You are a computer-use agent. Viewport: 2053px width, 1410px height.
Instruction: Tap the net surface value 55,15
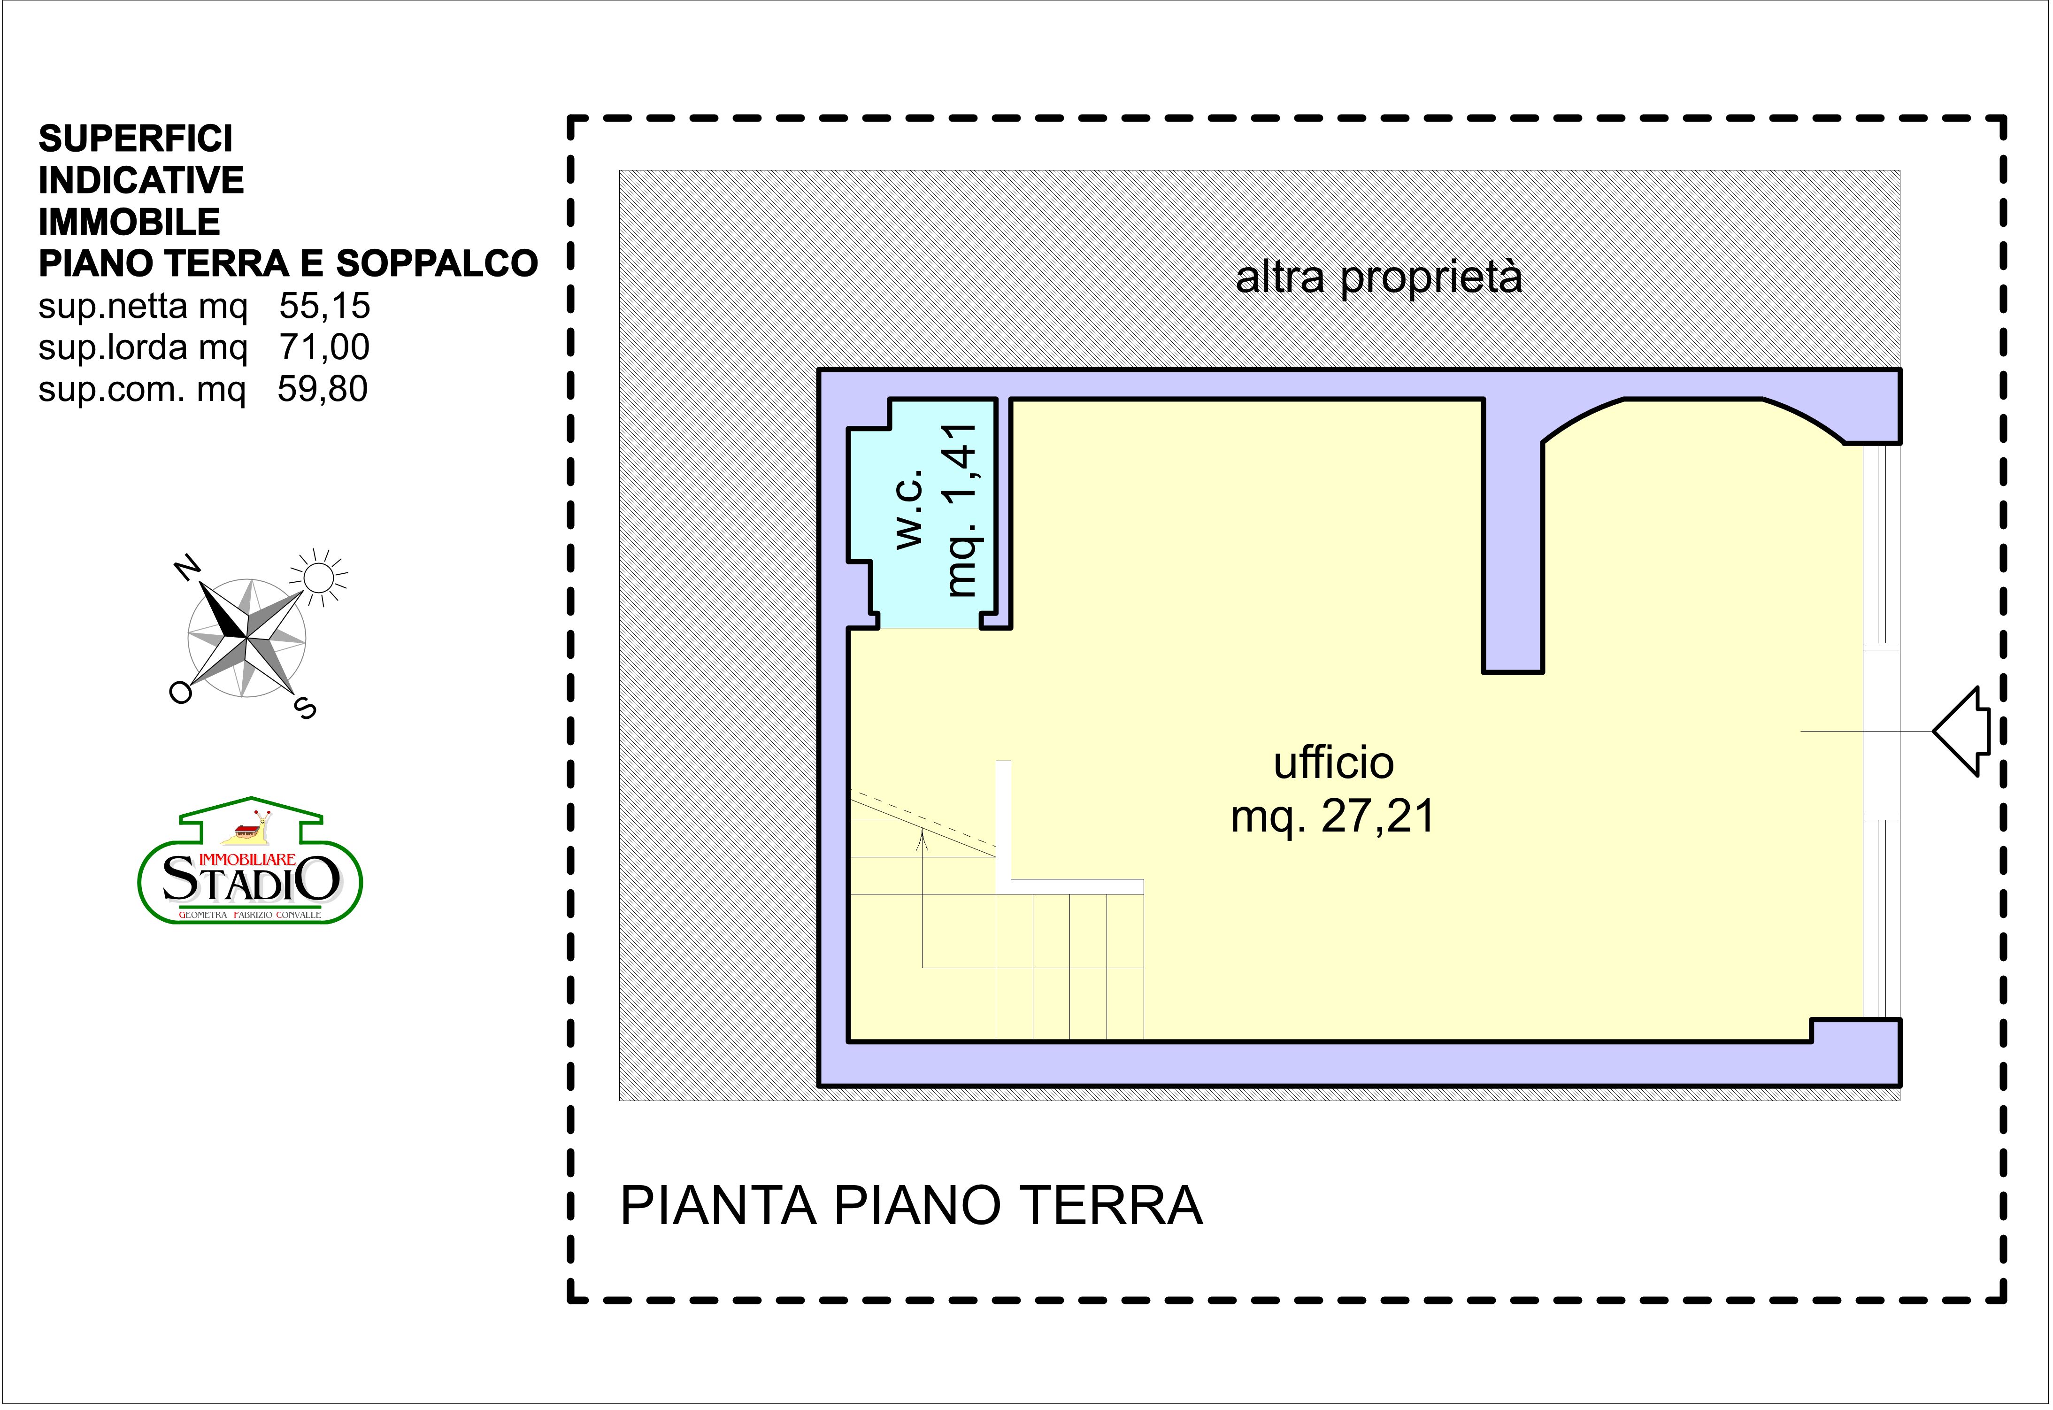(x=324, y=306)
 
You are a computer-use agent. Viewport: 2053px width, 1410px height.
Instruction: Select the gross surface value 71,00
(x=324, y=347)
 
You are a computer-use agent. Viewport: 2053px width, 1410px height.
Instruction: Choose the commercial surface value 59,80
(x=323, y=389)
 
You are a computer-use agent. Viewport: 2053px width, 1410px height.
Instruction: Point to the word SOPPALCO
(x=437, y=263)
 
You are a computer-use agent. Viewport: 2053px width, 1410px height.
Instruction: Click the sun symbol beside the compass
(x=318, y=578)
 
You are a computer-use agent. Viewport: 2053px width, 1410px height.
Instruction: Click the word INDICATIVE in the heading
(x=141, y=180)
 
